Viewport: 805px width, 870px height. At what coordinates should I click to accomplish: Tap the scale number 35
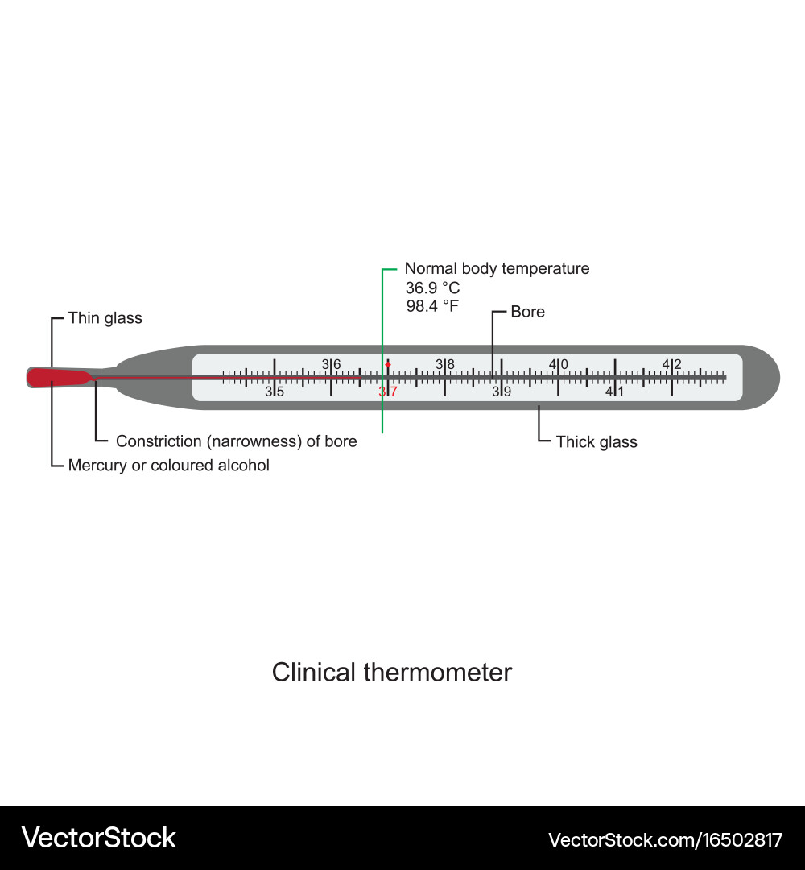coord(275,392)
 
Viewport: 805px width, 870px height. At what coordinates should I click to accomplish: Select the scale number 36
coord(331,364)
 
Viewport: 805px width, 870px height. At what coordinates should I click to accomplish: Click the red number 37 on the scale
coord(388,392)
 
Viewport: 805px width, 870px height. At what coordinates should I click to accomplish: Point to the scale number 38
coord(445,364)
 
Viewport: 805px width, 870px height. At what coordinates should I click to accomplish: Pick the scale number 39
coord(502,392)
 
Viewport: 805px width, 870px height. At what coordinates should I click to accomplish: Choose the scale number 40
coord(558,364)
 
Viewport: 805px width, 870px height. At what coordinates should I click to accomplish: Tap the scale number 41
coord(615,392)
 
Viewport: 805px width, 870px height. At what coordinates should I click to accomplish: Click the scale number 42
coord(671,364)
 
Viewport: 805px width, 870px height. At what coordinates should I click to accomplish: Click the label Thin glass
coord(105,318)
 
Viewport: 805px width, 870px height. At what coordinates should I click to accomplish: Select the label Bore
coord(527,312)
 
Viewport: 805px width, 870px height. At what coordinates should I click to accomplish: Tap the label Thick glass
coord(597,441)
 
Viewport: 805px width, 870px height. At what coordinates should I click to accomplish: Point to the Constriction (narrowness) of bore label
coord(236,441)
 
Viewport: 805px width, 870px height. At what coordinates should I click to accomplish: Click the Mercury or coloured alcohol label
coord(168,466)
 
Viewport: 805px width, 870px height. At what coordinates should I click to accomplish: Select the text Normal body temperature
coord(497,269)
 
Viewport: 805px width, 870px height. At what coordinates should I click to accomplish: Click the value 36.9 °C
coord(432,288)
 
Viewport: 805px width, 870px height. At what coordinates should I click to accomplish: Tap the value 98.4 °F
coord(432,306)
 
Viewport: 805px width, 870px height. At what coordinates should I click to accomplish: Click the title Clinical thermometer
coord(391,672)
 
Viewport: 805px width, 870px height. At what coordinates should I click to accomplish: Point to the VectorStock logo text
coord(98,838)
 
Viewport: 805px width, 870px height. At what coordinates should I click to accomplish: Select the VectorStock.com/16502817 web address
coord(665,840)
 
